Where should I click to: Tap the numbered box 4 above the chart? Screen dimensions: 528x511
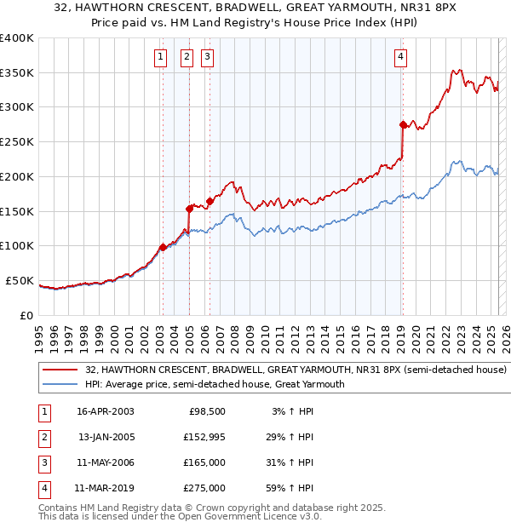[400, 57]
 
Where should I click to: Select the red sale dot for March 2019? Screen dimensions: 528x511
[403, 124]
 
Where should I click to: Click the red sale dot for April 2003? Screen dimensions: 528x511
[163, 247]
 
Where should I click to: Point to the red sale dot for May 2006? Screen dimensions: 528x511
[209, 201]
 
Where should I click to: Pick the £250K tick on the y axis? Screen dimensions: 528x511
[19, 141]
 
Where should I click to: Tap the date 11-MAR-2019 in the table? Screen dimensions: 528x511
[104, 488]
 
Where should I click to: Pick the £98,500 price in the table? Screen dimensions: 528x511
[206, 411]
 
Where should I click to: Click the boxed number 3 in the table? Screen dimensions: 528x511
[43, 462]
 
